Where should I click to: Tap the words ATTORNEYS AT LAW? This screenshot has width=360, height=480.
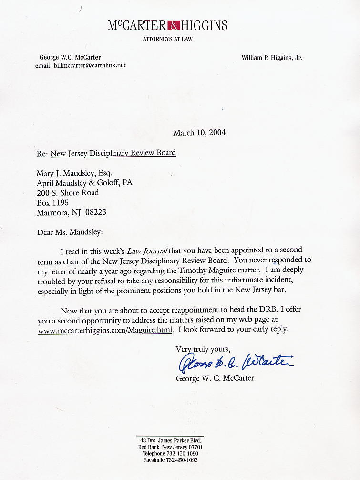point(168,39)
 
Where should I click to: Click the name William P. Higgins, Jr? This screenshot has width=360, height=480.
point(272,58)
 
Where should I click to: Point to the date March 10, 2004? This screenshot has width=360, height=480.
point(199,133)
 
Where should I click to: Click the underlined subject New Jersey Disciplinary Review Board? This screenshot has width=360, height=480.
point(113,153)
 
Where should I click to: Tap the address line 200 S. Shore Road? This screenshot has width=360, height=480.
point(68,193)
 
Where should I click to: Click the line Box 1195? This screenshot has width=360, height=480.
point(52,202)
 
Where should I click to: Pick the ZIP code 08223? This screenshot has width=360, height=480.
point(96,212)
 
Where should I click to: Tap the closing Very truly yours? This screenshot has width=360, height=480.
point(203,349)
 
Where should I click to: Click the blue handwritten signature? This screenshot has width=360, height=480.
point(236,363)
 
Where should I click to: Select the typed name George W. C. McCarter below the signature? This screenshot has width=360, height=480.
point(215,378)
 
